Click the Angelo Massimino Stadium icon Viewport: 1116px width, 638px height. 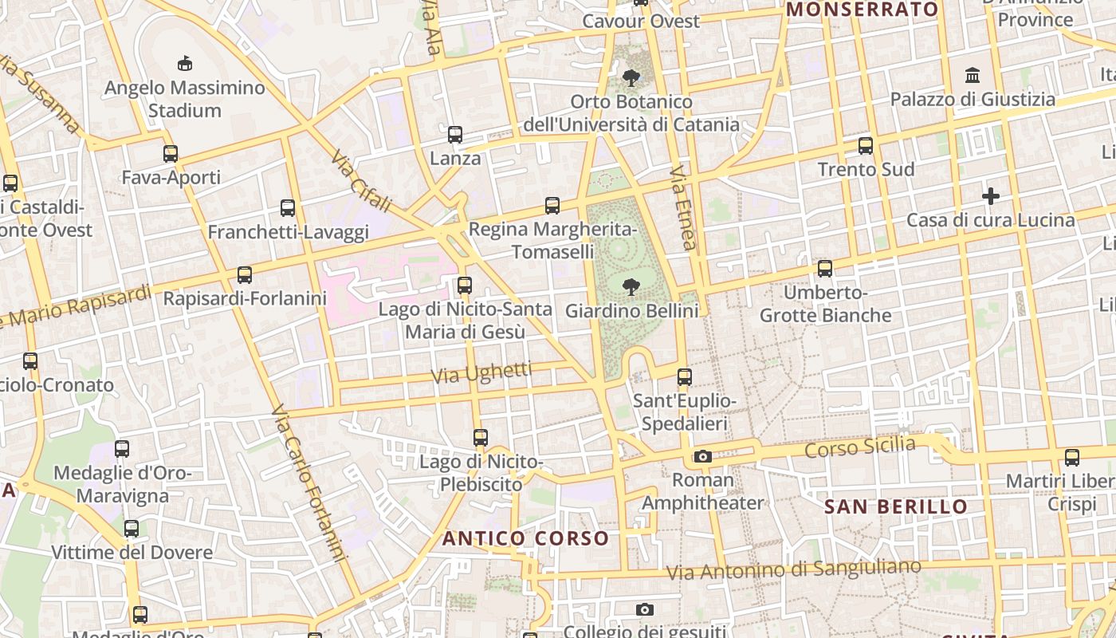(184, 63)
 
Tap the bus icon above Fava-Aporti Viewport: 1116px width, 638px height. (171, 153)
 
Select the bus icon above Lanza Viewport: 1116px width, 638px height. (455, 135)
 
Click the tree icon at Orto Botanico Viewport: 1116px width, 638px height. (631, 78)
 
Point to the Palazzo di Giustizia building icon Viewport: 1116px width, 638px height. (973, 76)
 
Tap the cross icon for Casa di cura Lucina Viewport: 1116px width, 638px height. (991, 196)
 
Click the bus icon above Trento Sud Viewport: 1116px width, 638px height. (866, 146)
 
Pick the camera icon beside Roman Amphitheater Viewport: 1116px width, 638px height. (702, 456)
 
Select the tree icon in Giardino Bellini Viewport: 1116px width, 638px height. (631, 286)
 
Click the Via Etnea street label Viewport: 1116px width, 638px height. (684, 207)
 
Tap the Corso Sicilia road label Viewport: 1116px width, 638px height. (859, 447)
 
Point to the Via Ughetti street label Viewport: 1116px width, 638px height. (481, 372)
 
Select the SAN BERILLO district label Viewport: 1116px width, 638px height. (895, 507)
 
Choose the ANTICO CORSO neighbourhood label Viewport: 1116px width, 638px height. (525, 538)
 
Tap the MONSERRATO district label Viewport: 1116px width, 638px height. (862, 10)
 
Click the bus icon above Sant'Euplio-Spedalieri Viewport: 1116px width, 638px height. (685, 377)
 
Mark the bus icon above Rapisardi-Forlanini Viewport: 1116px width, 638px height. (245, 275)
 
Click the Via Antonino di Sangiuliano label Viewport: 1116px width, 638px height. (793, 569)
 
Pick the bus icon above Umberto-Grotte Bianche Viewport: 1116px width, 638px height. (825, 269)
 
